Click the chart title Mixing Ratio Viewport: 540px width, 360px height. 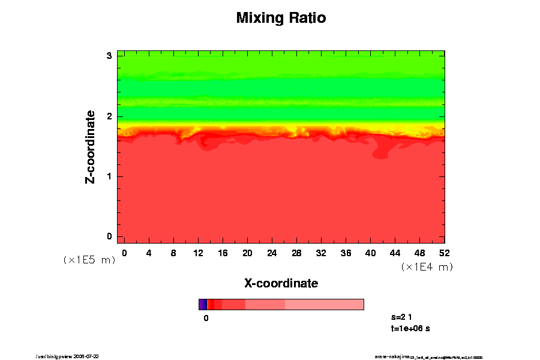[281, 18]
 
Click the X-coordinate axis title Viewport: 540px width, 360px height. [281, 283]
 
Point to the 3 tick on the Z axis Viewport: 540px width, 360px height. [110, 56]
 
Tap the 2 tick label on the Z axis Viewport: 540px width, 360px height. [110, 116]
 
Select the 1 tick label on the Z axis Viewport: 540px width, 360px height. [110, 176]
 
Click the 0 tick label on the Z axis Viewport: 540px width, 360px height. [110, 236]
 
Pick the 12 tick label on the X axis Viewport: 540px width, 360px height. [198, 253]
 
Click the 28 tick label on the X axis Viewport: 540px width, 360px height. [296, 253]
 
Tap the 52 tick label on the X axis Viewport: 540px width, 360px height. [445, 253]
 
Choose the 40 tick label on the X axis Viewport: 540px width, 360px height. [370, 253]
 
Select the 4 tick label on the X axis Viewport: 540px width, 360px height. [149, 253]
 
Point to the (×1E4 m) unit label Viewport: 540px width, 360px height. [427, 267]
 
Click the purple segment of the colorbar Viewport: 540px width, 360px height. [202, 304]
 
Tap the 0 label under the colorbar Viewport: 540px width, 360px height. [206, 318]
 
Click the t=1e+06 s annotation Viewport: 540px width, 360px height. [410, 328]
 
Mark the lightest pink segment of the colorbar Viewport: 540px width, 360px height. [324, 304]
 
